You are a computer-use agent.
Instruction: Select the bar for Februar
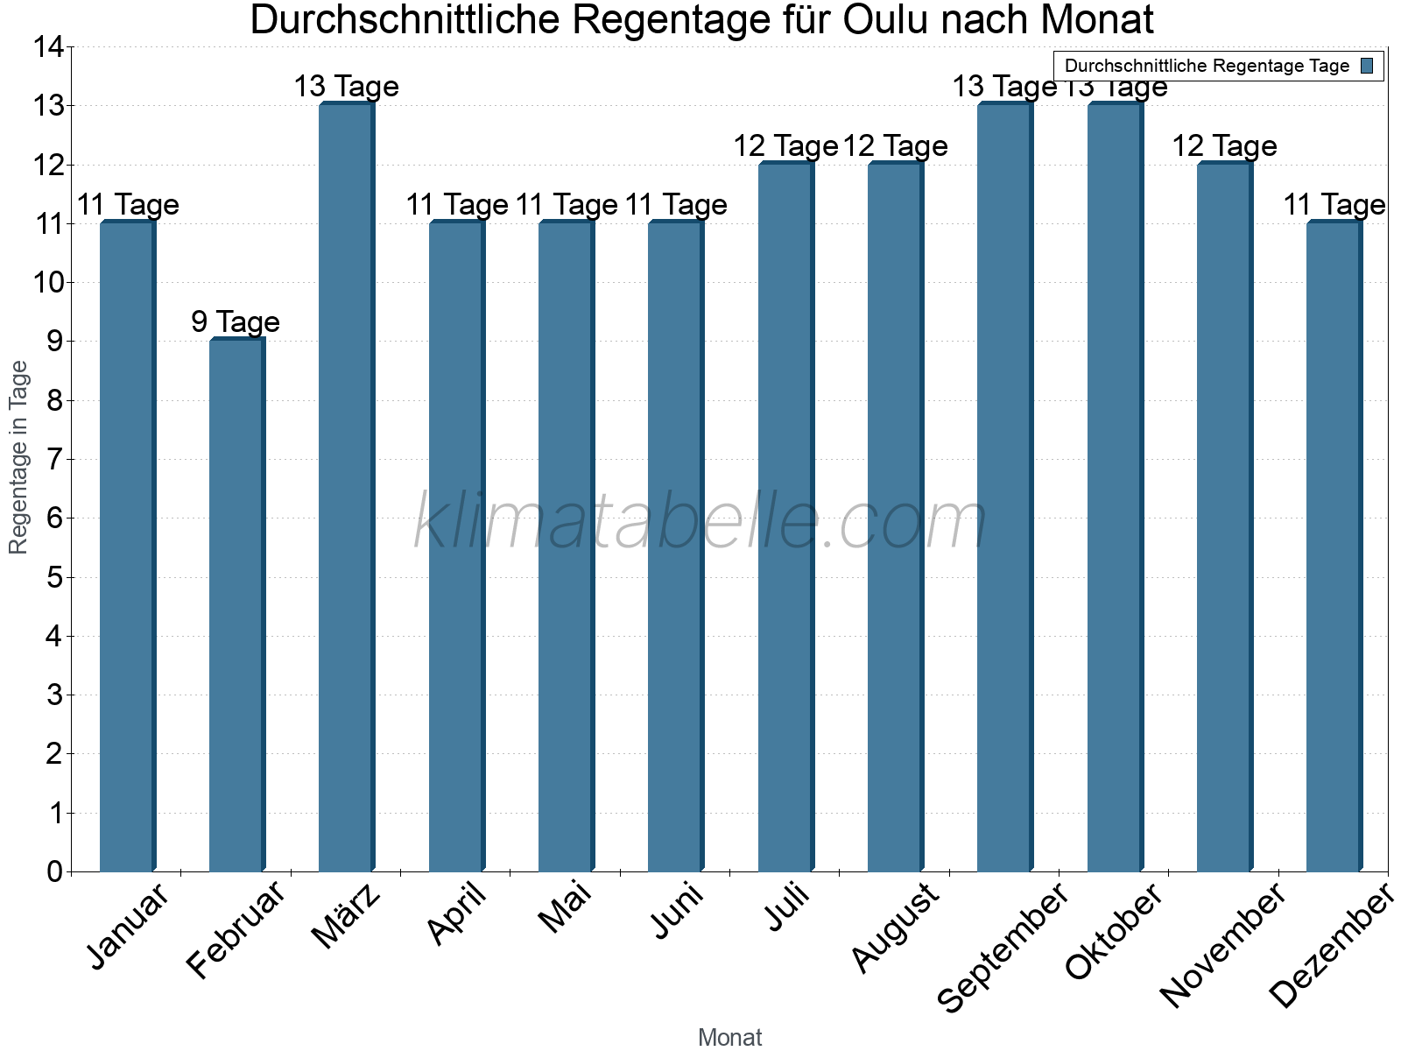click(x=236, y=604)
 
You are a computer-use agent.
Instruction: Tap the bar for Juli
click(x=785, y=517)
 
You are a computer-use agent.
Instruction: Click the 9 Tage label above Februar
click(x=236, y=322)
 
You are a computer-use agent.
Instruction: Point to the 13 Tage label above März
click(x=346, y=87)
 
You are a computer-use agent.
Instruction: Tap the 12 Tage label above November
click(x=1224, y=145)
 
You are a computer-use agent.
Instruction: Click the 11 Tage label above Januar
click(x=128, y=205)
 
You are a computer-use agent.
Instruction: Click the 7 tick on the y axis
click(x=55, y=459)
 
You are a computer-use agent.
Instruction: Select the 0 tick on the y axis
click(x=55, y=871)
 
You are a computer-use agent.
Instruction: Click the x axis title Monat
click(x=729, y=1037)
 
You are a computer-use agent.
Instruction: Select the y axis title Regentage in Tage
click(x=18, y=457)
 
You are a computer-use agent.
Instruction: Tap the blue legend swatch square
click(x=1367, y=66)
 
